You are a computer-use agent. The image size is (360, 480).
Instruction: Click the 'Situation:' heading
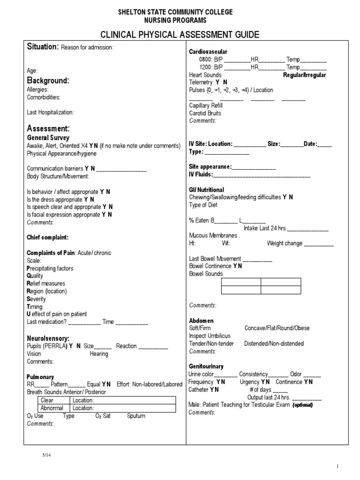point(43,47)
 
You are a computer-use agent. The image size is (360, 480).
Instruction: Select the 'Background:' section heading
point(48,80)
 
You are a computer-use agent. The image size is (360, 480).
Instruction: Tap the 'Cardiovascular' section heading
point(208,51)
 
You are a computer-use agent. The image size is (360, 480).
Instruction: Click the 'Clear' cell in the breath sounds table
point(47,400)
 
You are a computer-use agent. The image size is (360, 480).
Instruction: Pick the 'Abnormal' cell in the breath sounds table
point(52,408)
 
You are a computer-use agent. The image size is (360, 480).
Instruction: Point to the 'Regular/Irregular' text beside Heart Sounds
point(305,75)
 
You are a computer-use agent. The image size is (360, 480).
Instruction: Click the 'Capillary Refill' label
point(206,105)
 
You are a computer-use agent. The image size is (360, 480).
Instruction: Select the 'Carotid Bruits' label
point(205,113)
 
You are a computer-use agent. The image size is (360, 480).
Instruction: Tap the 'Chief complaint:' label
point(48,237)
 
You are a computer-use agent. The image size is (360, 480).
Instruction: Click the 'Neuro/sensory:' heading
point(48,337)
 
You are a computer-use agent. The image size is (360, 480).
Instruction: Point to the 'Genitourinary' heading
point(206,366)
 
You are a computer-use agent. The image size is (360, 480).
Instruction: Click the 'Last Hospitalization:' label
point(50,112)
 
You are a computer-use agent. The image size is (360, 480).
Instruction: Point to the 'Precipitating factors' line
point(50,268)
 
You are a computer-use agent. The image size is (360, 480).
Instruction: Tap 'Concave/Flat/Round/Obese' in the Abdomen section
point(277,328)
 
